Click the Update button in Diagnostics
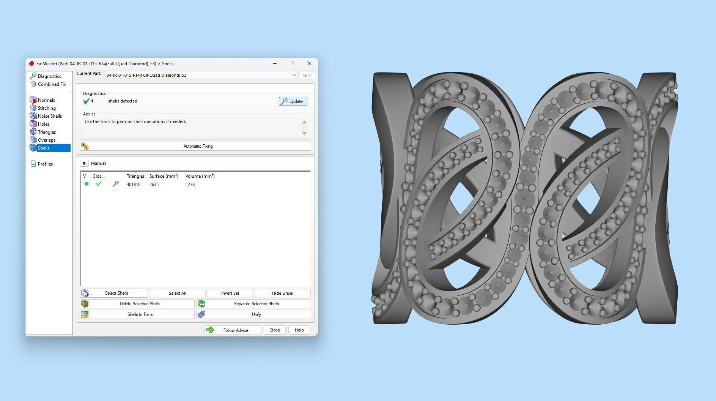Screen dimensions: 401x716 [293, 101]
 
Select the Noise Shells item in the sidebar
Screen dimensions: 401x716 [49, 116]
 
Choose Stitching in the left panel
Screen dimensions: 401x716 [46, 108]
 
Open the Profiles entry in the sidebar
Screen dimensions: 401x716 [45, 164]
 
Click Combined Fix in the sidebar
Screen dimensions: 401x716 [51, 84]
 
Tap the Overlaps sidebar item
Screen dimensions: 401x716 [46, 140]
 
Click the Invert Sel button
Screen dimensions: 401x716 [230, 293]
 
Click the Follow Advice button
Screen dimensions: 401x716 [233, 330]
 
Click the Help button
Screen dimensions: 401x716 [299, 330]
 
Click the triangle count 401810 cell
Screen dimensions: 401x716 [134, 185]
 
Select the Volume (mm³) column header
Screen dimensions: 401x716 [200, 176]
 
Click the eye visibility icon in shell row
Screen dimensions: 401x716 [87, 184]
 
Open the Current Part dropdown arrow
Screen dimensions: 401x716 [294, 75]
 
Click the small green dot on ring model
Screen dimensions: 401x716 [525, 198]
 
